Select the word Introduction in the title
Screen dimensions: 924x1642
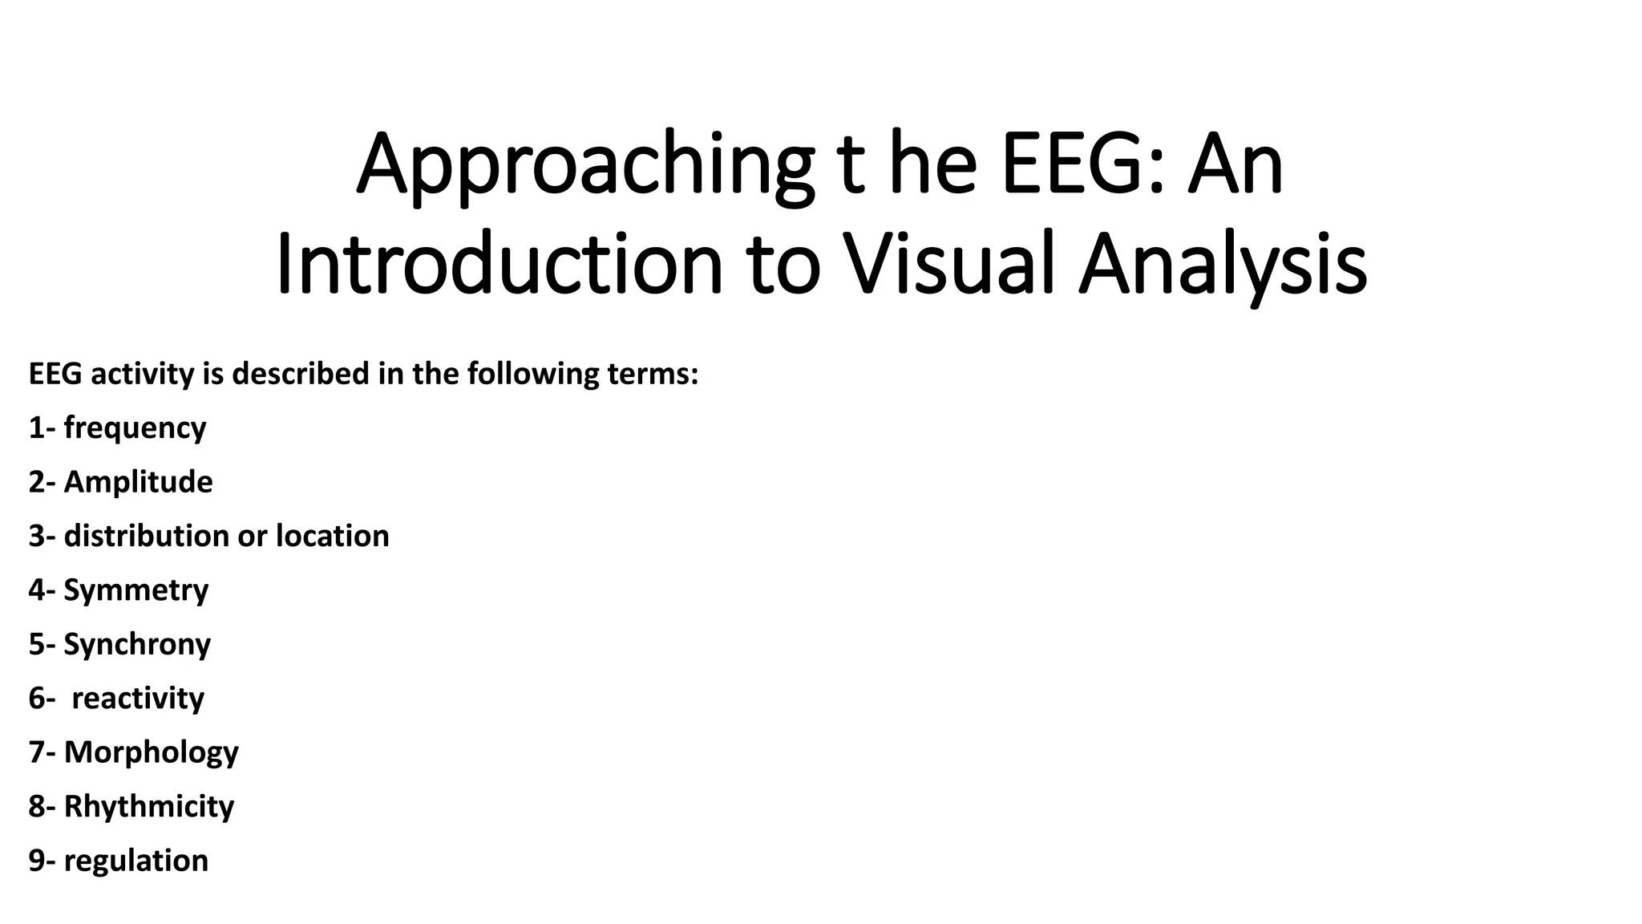[499, 264]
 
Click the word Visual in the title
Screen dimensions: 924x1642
[948, 264]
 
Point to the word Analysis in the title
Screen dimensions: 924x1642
[1223, 264]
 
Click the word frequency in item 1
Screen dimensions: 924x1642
[135, 428]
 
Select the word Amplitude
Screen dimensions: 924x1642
[138, 482]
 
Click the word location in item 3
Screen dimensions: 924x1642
[332, 536]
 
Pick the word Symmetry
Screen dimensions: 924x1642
[135, 590]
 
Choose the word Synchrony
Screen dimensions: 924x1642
[137, 644]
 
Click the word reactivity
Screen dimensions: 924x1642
[138, 698]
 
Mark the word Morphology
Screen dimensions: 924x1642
[151, 752]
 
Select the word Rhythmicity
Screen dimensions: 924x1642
[148, 806]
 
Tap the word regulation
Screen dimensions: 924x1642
[135, 861]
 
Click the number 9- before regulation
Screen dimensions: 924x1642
[42, 861]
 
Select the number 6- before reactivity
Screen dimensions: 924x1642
[42, 698]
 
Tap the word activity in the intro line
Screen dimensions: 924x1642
[142, 374]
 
